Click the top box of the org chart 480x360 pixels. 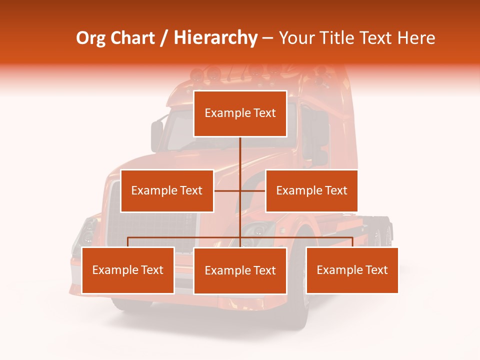240,113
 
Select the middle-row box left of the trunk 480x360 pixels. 167,190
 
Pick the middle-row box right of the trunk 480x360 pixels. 311,190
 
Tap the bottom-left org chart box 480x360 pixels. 128,270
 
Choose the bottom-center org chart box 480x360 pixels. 240,270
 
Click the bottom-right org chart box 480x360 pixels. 352,270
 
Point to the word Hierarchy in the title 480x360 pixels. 215,38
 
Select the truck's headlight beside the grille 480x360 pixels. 89,231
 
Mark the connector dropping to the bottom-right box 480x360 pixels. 352,242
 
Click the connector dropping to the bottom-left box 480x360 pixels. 128,242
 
